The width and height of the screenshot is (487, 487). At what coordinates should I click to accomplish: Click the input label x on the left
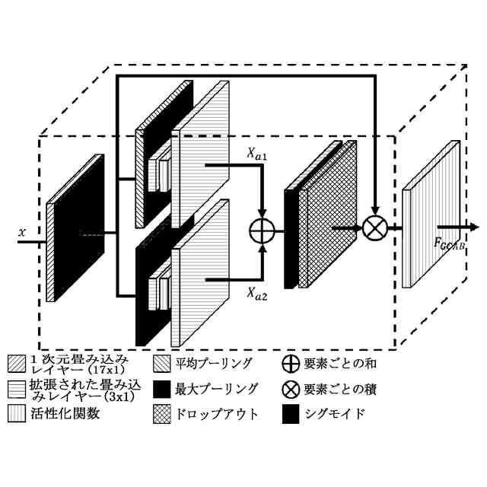tap(21, 226)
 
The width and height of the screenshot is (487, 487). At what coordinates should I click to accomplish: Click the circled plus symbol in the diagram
tap(263, 228)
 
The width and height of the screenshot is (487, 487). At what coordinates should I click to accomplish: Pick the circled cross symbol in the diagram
tap(374, 227)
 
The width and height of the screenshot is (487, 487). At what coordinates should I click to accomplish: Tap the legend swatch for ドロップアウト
tap(162, 415)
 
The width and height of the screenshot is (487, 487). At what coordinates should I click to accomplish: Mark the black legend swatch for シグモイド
tap(289, 415)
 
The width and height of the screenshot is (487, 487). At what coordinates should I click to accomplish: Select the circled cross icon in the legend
tap(289, 390)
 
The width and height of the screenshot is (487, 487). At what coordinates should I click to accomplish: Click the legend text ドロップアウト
tap(217, 415)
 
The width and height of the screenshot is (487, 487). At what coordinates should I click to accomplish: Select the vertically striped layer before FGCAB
tap(431, 217)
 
